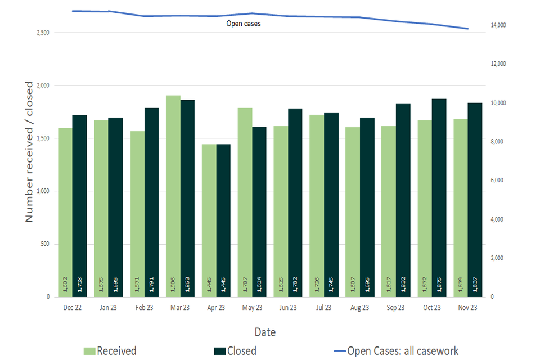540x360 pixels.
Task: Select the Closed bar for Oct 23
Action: tap(439, 197)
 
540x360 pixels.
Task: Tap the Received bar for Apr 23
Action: tap(209, 220)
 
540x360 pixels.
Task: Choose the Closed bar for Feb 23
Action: tap(152, 202)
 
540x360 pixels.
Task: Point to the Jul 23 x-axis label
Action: tap(324, 308)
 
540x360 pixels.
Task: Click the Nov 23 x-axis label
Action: tap(468, 308)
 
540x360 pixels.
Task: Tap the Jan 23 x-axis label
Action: tap(109, 308)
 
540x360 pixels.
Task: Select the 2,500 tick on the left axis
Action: tap(42, 33)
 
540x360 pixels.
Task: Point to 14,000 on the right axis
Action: tap(499, 25)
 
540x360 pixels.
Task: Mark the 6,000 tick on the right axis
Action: tap(497, 181)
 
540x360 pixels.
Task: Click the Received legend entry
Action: tap(110, 351)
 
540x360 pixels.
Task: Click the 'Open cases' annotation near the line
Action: tap(244, 24)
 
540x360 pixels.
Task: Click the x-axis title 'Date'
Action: tap(265, 332)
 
